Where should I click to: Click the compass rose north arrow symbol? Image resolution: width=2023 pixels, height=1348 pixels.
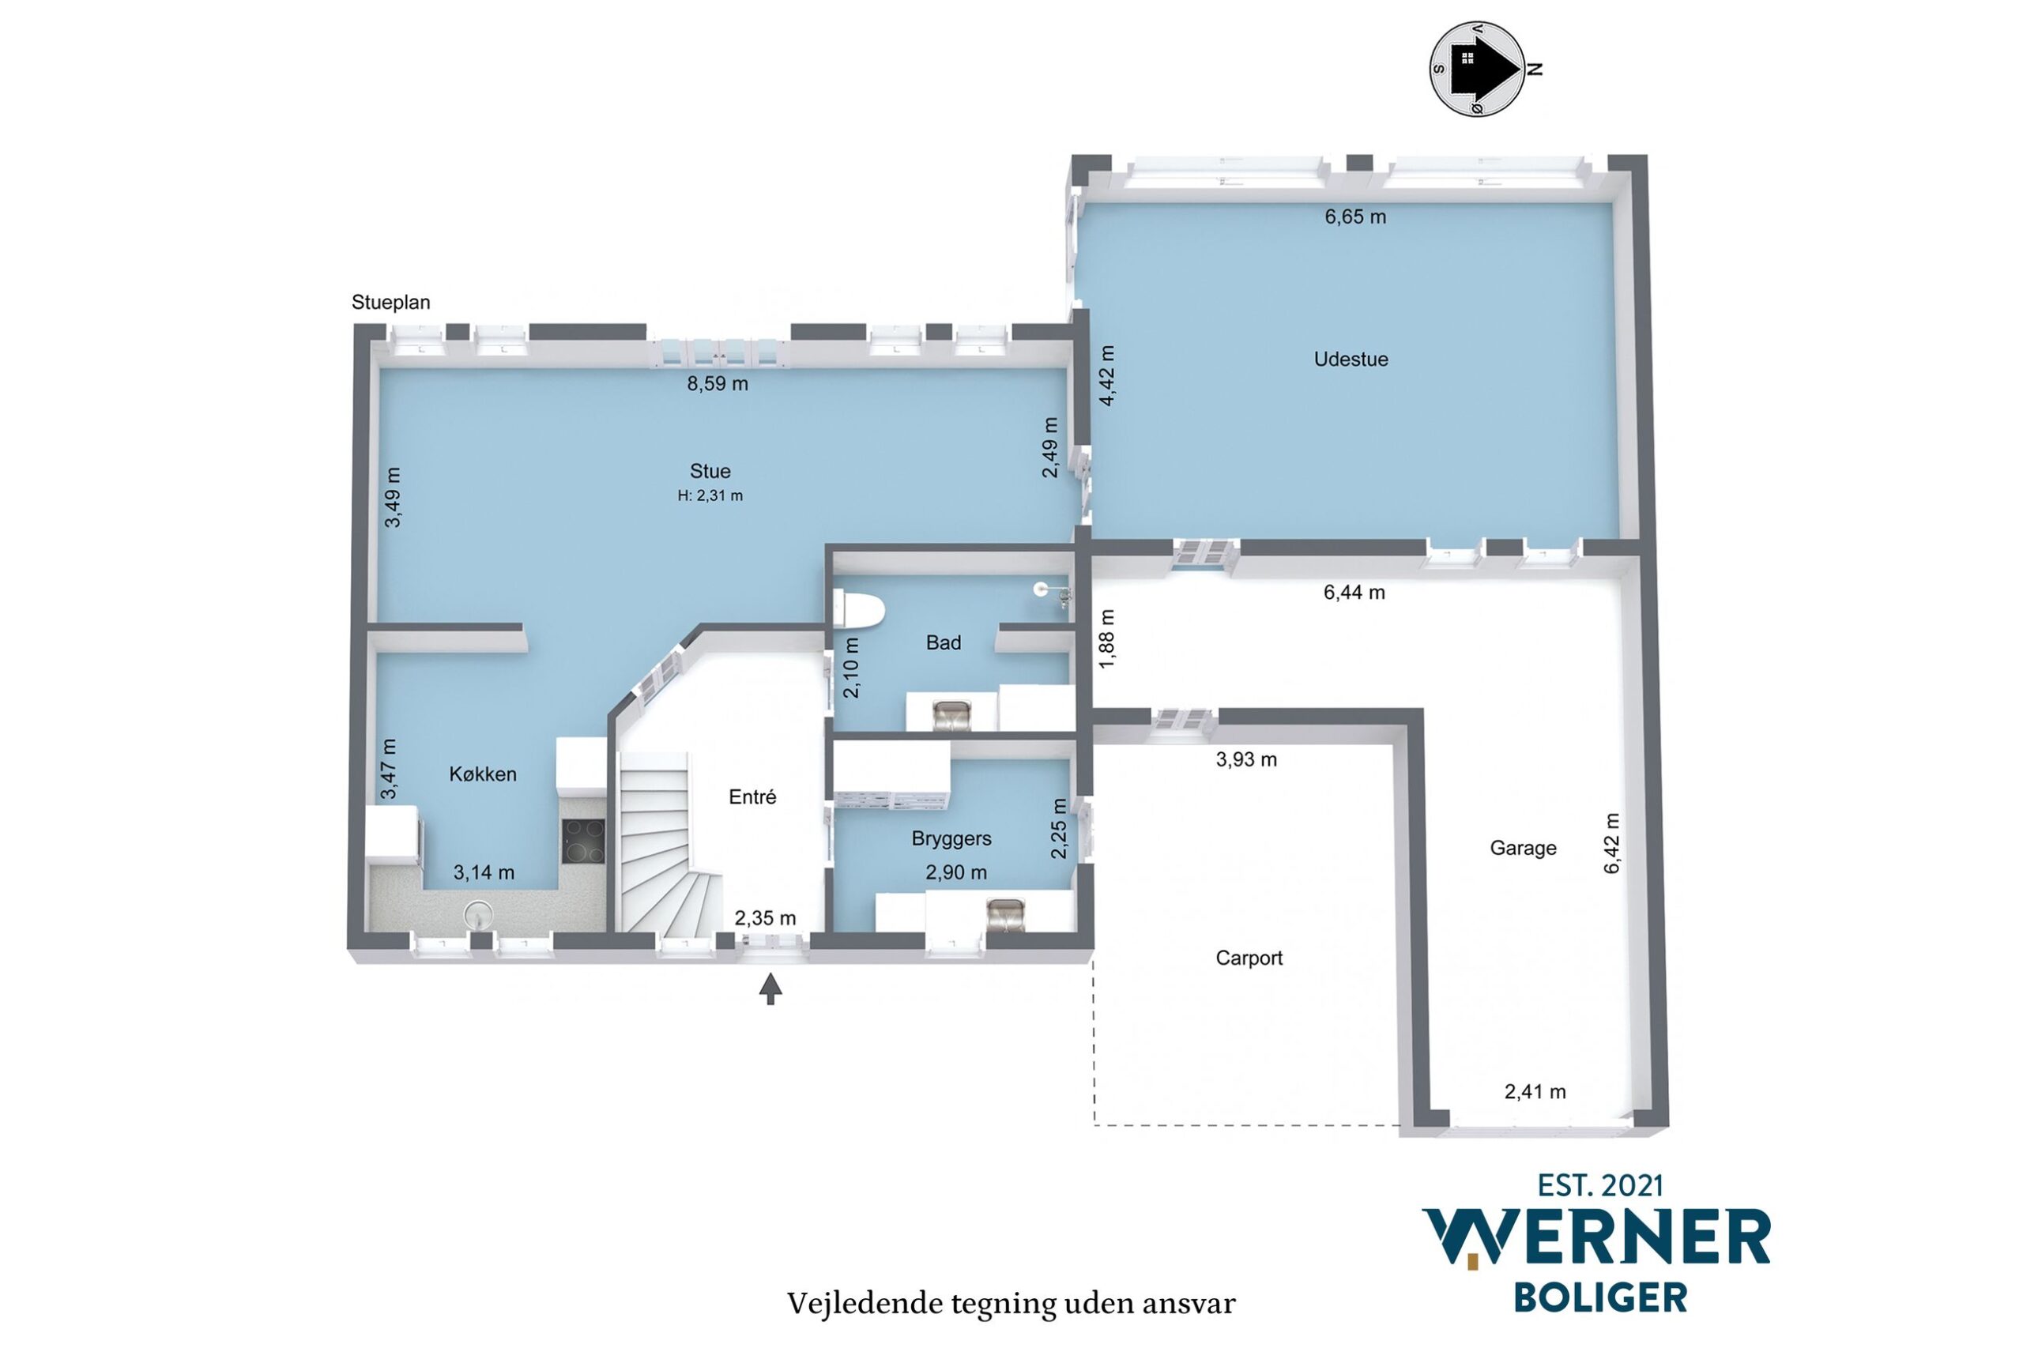tap(1477, 69)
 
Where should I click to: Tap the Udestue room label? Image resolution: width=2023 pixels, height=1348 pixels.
tap(1351, 360)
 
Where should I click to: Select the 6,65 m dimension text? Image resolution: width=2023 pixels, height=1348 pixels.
tap(1355, 217)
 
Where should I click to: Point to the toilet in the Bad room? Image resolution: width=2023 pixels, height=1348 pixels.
tap(859, 610)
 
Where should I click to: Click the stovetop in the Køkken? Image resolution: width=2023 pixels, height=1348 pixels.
tap(583, 841)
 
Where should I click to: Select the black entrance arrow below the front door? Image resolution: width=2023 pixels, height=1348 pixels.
tap(770, 988)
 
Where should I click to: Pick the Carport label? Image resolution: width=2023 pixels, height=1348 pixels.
tap(1249, 958)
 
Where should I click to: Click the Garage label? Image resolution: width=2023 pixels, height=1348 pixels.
tap(1523, 849)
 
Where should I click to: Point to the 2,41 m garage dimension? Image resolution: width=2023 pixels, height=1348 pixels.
tap(1535, 1092)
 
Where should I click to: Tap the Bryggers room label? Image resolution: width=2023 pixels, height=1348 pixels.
tap(951, 838)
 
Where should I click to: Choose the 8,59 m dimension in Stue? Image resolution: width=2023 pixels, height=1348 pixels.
tap(717, 384)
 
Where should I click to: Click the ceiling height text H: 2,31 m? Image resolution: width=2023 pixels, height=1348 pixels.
tap(710, 496)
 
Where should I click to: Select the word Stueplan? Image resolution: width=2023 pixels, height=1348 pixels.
tap(390, 303)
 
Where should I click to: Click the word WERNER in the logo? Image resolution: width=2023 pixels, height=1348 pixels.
tap(1596, 1239)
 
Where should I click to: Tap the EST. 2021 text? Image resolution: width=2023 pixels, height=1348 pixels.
tap(1600, 1186)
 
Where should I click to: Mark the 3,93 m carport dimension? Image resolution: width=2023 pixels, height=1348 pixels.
tap(1245, 760)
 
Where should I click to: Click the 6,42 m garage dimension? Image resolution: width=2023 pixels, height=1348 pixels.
tap(1612, 843)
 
